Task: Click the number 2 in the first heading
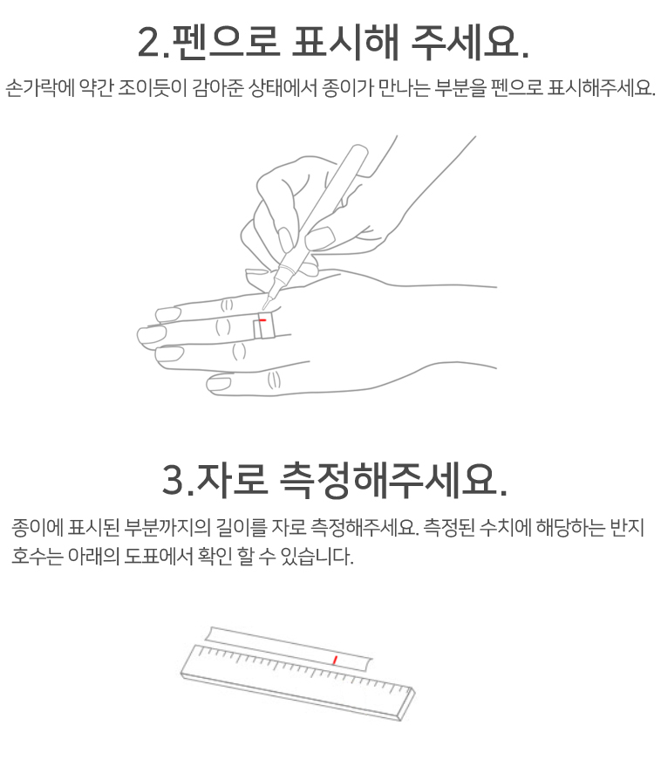pos(151,42)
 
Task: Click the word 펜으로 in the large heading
pos(226,42)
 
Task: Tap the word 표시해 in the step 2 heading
pos(345,42)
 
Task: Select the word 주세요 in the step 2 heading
pos(464,42)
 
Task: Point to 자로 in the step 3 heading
pos(233,480)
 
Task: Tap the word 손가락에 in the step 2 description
pos(40,88)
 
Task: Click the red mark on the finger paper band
pos(262,320)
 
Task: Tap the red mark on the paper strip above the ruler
pos(335,660)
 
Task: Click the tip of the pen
pos(264,308)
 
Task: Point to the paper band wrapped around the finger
pos(264,325)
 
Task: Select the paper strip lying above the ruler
pos(289,648)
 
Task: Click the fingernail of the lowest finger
pos(218,384)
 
